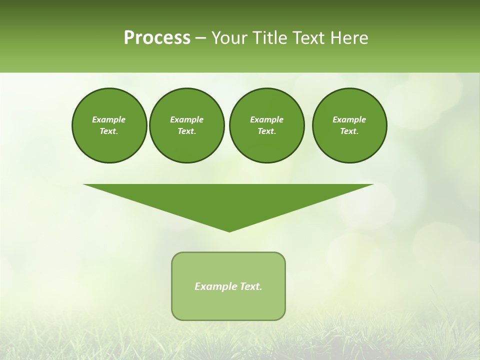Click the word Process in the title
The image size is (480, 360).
pyautogui.click(x=157, y=38)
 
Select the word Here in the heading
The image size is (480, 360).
pyautogui.click(x=349, y=38)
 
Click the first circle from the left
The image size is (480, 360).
pyautogui.click(x=109, y=125)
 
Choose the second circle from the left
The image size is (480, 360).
pyautogui.click(x=186, y=125)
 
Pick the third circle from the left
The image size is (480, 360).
pyautogui.click(x=266, y=125)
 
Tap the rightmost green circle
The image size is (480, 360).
pyautogui.click(x=349, y=125)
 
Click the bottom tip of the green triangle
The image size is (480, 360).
pyautogui.click(x=229, y=231)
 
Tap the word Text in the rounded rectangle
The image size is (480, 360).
pyautogui.click(x=250, y=286)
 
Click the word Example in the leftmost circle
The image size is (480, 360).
pyautogui.click(x=109, y=119)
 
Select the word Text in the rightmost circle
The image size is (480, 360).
pyautogui.click(x=349, y=131)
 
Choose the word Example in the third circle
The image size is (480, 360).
pyautogui.click(x=266, y=119)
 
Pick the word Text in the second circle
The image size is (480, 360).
pyautogui.click(x=186, y=131)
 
